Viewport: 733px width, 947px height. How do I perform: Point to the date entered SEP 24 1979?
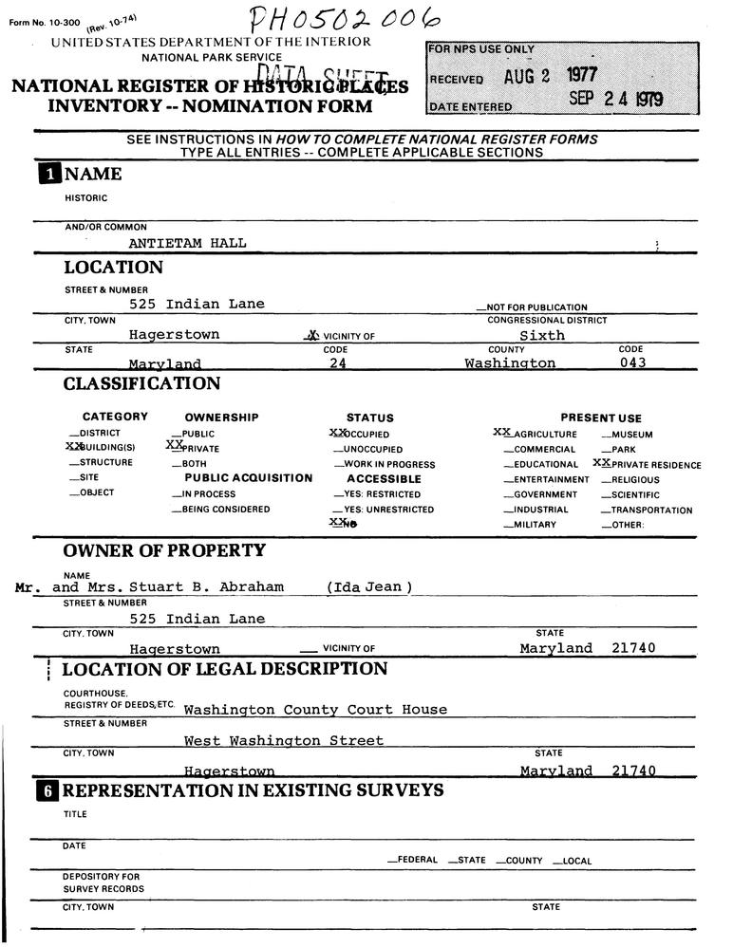[616, 99]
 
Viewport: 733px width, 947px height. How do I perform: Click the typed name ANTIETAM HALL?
[187, 243]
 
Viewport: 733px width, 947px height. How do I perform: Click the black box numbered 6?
[47, 790]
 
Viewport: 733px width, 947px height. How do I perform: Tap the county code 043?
[632, 363]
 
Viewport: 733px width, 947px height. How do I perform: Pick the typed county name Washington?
[510, 363]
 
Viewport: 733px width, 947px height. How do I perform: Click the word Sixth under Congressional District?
[542, 335]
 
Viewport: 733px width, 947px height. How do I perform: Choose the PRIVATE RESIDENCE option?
[650, 465]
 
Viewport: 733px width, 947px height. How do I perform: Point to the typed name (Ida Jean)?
[368, 587]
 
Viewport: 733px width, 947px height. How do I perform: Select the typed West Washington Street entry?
[284, 740]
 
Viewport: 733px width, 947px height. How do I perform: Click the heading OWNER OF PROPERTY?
[164, 551]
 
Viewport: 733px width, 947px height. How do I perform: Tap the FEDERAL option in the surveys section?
[413, 861]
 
